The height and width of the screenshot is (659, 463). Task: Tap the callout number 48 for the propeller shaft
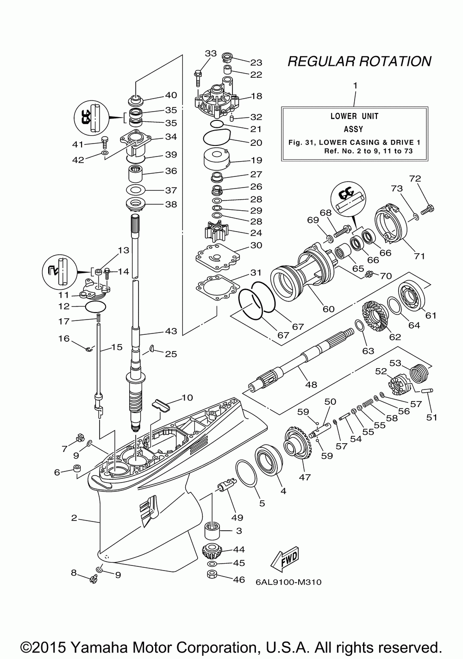click(x=311, y=384)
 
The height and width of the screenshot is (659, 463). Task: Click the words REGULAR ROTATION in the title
click(x=359, y=61)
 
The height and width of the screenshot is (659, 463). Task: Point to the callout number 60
click(x=328, y=309)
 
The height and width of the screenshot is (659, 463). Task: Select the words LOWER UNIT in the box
click(x=354, y=116)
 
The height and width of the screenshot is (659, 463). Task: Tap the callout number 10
click(x=187, y=397)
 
